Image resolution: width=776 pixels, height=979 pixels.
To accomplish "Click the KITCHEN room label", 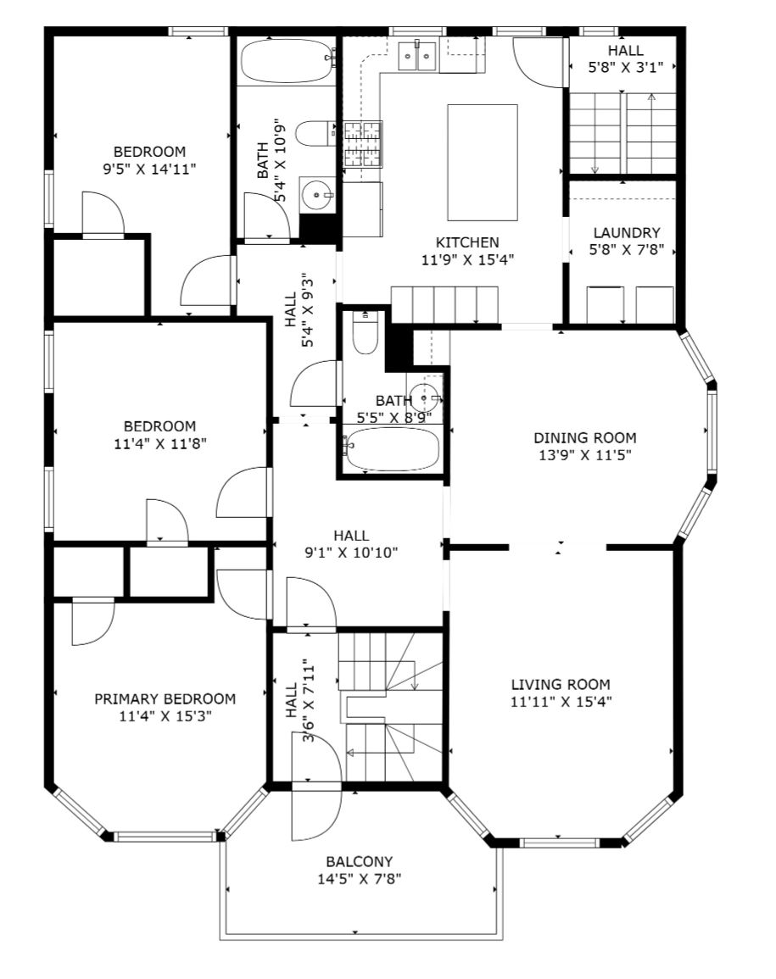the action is (x=467, y=242).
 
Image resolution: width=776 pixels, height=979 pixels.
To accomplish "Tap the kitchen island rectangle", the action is (x=483, y=163).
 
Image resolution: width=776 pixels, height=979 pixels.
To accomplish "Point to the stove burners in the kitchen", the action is (x=362, y=145).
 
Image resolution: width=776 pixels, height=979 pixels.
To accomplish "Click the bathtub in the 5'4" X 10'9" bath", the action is (x=287, y=61).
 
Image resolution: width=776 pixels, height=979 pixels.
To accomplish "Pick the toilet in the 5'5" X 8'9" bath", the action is (x=366, y=333).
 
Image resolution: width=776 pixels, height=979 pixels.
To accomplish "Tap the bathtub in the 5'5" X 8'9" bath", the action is (x=393, y=449).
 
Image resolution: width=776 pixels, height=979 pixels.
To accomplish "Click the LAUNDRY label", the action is (x=627, y=233).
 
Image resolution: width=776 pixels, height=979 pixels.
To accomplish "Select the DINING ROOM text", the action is (x=585, y=437).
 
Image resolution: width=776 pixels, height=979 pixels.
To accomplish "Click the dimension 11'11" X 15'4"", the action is (x=561, y=701).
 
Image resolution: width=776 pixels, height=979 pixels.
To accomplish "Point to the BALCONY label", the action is (x=360, y=862).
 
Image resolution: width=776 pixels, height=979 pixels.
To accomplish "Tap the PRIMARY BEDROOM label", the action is (x=165, y=698).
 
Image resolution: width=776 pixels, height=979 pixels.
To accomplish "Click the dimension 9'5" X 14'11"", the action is (x=149, y=169).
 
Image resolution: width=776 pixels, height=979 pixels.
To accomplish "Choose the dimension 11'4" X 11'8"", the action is (x=160, y=443).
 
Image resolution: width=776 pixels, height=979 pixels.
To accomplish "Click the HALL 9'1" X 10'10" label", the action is (x=351, y=544).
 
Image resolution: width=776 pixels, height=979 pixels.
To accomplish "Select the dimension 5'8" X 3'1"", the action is (x=625, y=67).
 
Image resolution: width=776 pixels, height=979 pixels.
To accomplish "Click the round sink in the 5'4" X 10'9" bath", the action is (x=317, y=195).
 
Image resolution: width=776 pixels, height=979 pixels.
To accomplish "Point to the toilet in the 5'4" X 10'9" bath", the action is (x=316, y=133).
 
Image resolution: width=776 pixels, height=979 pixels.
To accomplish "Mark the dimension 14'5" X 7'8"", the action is (x=360, y=879).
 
